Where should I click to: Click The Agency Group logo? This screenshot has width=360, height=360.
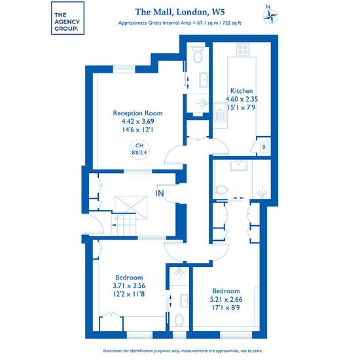coord(67,18)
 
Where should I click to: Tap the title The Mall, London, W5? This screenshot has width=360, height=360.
coord(180,12)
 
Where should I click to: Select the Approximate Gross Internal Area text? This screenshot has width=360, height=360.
coord(179,23)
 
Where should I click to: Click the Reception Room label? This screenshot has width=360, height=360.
coord(137,113)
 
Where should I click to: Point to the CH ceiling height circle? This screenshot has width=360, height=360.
coord(139,149)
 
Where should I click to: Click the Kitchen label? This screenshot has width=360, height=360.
coord(242,91)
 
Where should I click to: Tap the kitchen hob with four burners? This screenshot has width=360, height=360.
coord(243,50)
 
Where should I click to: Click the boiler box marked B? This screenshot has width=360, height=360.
coord(264,147)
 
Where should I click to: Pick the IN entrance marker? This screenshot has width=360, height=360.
coord(160,194)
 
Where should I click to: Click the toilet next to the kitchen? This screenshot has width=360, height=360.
coord(198,55)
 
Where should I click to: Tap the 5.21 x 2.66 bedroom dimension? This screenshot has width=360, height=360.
coord(226,299)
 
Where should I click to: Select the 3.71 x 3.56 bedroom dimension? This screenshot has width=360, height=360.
coord(129,285)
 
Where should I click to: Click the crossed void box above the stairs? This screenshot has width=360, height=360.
coord(131,207)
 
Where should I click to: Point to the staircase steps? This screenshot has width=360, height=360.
coord(124,225)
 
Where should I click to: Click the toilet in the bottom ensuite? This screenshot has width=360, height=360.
coord(179,320)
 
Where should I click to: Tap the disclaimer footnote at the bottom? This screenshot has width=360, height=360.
coord(183,351)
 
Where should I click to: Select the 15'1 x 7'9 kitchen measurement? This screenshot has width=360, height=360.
coord(242,107)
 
